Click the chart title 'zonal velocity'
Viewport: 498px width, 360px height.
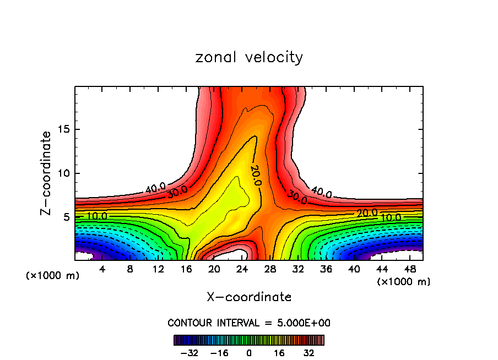click(249, 57)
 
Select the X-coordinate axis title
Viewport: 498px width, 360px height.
click(249, 297)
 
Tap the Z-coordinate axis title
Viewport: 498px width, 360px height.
click(46, 173)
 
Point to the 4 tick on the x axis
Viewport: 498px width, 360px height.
click(102, 269)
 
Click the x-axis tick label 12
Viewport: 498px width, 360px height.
click(158, 269)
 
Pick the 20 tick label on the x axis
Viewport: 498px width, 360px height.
click(214, 269)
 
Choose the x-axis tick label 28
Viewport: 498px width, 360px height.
click(270, 269)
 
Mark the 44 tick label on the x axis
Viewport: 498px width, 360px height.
click(382, 269)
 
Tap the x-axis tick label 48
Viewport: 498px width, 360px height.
click(410, 269)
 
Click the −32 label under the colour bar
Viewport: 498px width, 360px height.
click(189, 353)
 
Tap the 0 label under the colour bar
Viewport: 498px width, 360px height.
click(249, 353)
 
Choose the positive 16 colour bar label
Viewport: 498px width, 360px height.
click(279, 353)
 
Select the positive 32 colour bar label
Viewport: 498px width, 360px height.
click(309, 353)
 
